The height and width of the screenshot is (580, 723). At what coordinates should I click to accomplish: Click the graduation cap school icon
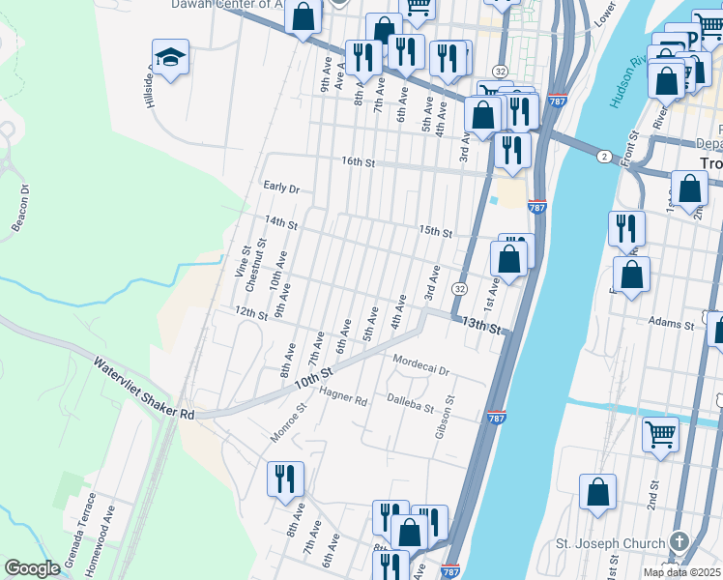170,58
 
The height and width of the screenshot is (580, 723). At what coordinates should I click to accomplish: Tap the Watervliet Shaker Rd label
144,389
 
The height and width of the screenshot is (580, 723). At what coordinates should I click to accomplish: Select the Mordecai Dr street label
422,365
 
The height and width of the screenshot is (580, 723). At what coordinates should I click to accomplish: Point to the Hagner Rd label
344,397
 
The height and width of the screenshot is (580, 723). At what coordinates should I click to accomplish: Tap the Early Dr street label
281,187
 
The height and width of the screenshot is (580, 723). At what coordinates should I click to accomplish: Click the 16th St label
356,161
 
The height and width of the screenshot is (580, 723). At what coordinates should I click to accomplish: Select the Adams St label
672,325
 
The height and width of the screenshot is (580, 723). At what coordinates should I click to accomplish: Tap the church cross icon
680,542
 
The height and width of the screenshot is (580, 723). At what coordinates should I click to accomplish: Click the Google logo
33,567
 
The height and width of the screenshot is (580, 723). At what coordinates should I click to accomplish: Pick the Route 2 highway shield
604,157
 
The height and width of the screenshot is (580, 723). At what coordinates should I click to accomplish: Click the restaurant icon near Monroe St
285,478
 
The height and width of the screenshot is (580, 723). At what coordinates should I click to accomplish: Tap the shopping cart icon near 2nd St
661,433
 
